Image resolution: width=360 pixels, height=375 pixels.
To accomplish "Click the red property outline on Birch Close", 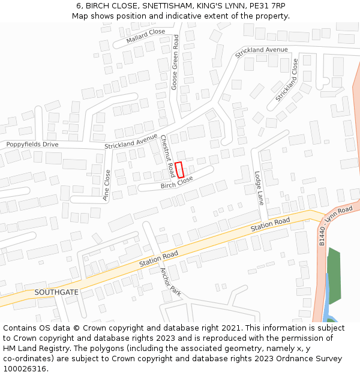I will pyautogui.click(x=179, y=169).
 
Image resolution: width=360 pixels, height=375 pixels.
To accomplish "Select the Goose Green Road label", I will pyautogui.click(x=175, y=62).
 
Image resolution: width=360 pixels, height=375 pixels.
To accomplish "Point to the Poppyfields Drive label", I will pyautogui.click(x=32, y=145).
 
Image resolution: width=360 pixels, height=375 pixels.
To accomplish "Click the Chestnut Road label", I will pyautogui.click(x=167, y=155).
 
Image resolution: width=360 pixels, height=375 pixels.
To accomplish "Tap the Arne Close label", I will pyautogui.click(x=107, y=184).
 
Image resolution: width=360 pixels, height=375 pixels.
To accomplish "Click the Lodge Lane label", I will pyautogui.click(x=259, y=188).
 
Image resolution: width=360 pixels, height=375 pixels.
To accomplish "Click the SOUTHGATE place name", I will pyautogui.click(x=56, y=292).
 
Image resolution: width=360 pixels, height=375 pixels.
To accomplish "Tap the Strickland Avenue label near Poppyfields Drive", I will pyautogui.click(x=131, y=142).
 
